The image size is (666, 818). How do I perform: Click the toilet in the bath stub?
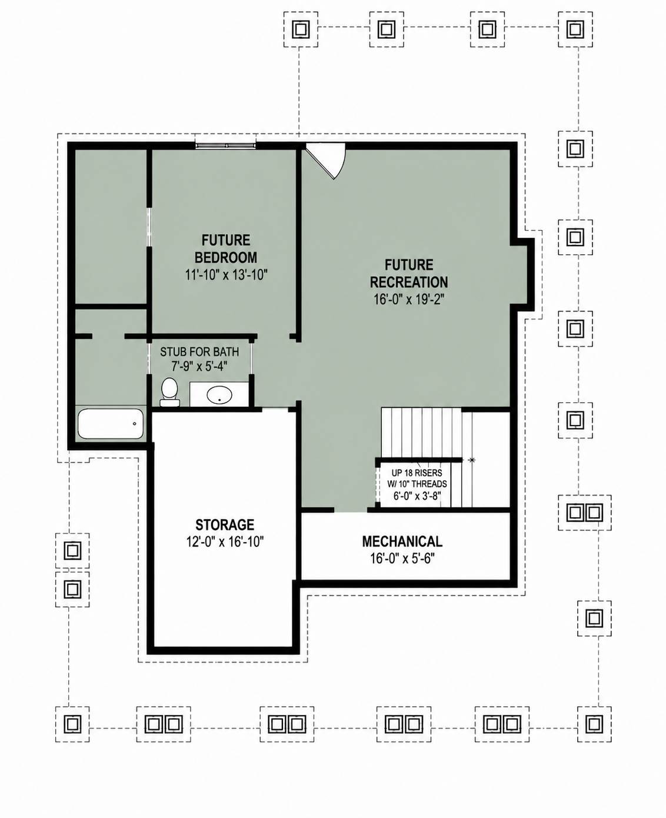coord(169,392)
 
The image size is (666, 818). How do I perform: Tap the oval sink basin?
coord(219,395)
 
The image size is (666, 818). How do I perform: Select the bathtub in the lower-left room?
coord(111,424)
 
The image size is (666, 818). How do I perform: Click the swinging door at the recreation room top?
coord(327,161)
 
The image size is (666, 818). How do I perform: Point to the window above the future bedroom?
coord(225,145)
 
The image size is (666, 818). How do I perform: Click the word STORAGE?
coord(225,524)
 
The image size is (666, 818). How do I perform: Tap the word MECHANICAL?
coord(402,541)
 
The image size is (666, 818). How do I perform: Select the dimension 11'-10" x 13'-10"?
coord(226,275)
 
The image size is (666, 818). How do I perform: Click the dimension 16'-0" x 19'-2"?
coord(409,300)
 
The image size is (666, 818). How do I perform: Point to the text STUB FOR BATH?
coord(199,352)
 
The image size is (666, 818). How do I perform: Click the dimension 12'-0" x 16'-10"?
coord(225,542)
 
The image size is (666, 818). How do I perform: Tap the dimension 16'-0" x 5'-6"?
coord(402,558)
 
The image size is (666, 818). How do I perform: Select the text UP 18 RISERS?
coord(417,473)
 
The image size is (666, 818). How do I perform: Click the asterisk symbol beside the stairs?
coord(472,460)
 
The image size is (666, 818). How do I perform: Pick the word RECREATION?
coord(409,282)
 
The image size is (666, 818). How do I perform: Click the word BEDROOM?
coord(226,257)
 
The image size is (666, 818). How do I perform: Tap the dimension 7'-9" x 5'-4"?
coord(199,367)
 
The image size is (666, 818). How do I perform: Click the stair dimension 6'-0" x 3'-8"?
coord(417,496)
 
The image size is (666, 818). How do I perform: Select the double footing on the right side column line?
coord(585,513)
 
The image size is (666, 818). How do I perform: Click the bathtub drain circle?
coord(134,424)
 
